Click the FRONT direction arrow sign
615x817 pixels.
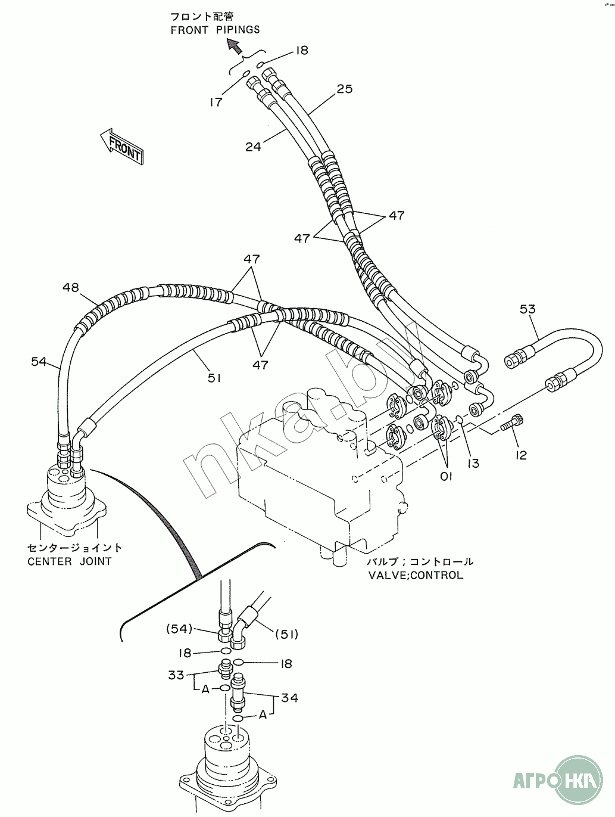[121, 146]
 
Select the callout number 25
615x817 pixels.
[344, 89]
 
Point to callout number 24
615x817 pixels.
[253, 147]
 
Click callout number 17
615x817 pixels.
[216, 102]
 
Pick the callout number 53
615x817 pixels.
[527, 309]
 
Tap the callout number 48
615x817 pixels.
[71, 287]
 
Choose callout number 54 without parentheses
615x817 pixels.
[39, 361]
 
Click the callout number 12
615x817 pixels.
[522, 455]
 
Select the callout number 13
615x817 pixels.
[473, 464]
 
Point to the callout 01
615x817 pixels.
[446, 476]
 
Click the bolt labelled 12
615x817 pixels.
[513, 423]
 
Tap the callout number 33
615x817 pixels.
[176, 675]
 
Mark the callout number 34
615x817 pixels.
[290, 698]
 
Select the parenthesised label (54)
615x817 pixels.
[179, 629]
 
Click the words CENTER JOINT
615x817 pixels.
[70, 561]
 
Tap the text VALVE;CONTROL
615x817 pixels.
[416, 575]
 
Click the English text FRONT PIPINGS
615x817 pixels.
[216, 30]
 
